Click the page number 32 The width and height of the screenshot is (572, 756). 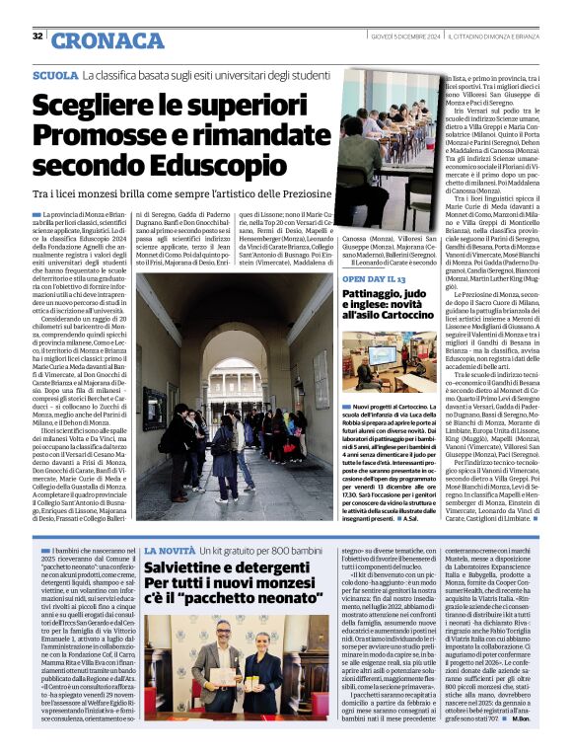click(37, 37)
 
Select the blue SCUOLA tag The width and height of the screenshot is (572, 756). click(55, 75)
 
